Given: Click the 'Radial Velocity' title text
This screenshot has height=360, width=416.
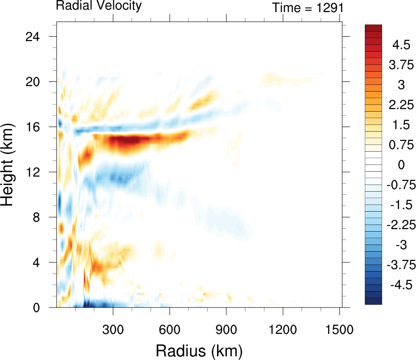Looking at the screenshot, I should (x=99, y=6).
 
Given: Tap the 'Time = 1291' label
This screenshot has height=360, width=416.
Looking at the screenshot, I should (x=308, y=8).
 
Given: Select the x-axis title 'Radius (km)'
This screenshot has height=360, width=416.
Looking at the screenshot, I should (x=199, y=350).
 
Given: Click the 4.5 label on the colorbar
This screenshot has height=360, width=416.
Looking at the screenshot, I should (x=401, y=45).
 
